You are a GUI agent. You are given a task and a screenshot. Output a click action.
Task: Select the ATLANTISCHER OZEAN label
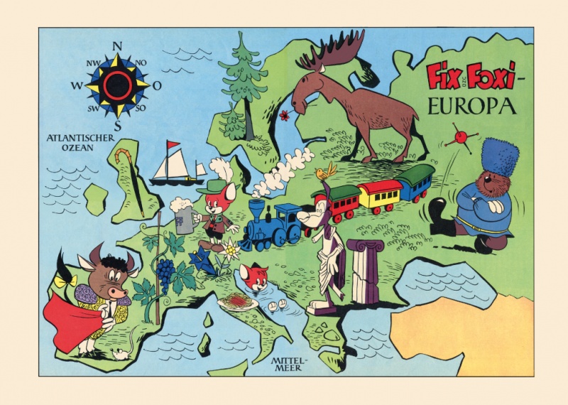pos(77,142)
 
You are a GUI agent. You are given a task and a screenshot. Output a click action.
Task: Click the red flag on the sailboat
pos(173,146)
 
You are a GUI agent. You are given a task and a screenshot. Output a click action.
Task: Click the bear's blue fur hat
pos(500,157)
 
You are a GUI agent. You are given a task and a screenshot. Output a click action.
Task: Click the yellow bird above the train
pos(327,171)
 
